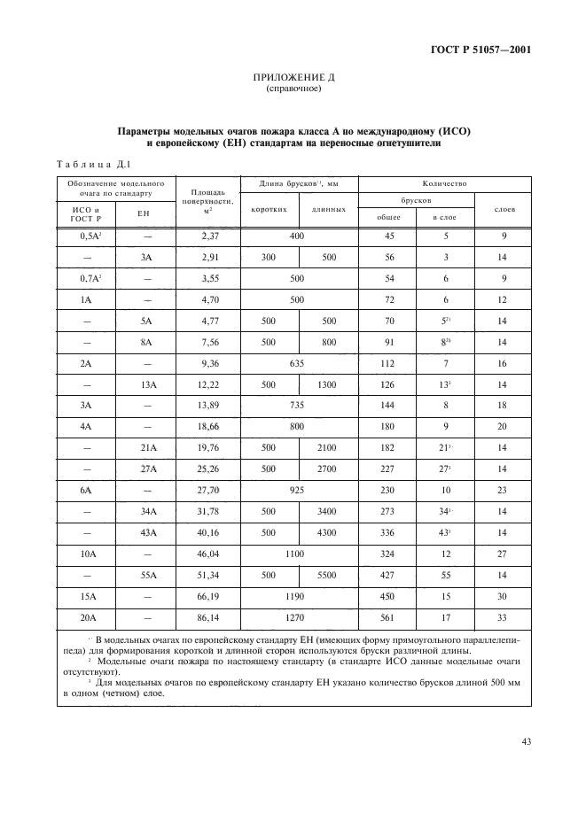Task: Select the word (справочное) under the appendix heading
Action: (x=293, y=89)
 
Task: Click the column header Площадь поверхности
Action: (x=208, y=202)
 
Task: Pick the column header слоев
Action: (x=503, y=210)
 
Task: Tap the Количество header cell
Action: (x=444, y=183)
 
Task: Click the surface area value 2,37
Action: (x=208, y=236)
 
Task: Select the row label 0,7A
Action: (x=87, y=278)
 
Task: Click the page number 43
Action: (x=526, y=742)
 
